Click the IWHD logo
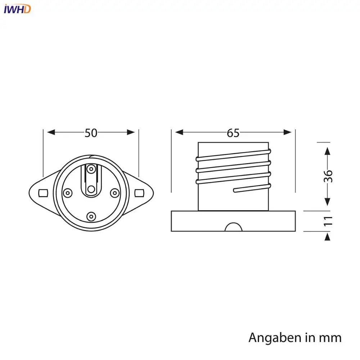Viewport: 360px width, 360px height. (17, 9)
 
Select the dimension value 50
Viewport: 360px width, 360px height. (91, 133)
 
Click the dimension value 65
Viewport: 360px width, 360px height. (233, 133)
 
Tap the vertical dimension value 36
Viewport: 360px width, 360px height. (328, 176)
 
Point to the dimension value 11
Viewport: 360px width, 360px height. (328, 221)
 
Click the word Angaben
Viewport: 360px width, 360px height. (274, 338)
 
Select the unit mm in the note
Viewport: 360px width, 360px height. (330, 338)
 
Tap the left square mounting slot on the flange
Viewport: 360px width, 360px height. (42, 193)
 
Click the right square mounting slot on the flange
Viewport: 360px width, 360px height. (139, 193)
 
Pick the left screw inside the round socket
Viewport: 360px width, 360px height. (67, 193)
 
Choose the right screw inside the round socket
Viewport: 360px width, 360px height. (114, 193)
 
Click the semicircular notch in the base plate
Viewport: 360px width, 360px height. (233, 228)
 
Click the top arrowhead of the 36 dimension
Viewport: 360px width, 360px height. (327, 151)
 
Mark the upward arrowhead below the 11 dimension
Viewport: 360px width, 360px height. (327, 237)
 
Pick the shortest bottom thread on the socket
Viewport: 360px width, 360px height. (252, 188)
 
